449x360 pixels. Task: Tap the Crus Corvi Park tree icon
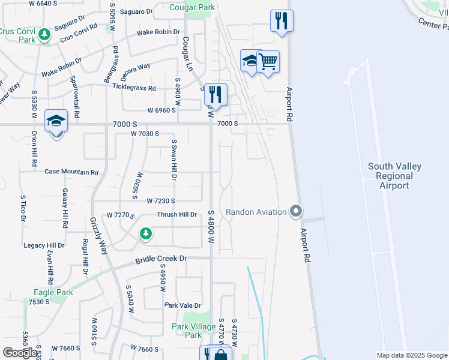point(43,36)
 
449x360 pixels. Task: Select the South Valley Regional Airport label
point(394,176)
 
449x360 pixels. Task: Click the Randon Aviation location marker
point(295,211)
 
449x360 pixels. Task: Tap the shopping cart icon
point(268,61)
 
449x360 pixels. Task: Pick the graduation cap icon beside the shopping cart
point(250,60)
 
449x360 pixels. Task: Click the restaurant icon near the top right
point(281,21)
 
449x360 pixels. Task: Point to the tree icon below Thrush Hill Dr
point(145,233)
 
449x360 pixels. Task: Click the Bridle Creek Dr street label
point(162,259)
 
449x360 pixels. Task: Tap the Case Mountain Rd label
point(71,172)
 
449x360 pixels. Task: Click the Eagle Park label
point(53,293)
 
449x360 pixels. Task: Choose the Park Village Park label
point(194,331)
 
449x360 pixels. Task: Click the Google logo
point(20,352)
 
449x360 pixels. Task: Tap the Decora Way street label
point(134,67)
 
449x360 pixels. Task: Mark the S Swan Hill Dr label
point(173,160)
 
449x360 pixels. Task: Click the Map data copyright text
point(412,355)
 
